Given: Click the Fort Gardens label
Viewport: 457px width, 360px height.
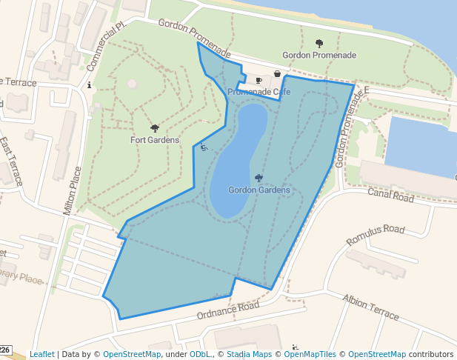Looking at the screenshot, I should point(155,140).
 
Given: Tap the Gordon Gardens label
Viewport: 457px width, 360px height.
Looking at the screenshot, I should point(258,190).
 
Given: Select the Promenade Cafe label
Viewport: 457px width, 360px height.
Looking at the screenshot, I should point(258,92).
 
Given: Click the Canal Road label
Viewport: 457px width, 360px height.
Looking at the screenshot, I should point(390,196).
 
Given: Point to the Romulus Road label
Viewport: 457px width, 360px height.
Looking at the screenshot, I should point(376,235).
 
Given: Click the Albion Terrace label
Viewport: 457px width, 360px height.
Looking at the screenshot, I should point(370,306).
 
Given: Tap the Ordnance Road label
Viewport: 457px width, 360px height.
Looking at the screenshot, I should point(227,311).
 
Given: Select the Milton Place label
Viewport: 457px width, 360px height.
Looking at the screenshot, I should point(73,190).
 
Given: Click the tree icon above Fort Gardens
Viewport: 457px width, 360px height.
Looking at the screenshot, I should point(154,128).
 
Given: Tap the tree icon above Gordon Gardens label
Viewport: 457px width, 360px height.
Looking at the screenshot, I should point(258,178).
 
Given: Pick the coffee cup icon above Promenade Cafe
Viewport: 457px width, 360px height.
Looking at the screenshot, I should point(258,80).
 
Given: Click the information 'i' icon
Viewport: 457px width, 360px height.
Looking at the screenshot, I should point(90,85).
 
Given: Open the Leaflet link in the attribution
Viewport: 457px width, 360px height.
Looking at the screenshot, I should point(41,354).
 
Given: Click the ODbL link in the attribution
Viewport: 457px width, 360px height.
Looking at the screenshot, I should point(200,354).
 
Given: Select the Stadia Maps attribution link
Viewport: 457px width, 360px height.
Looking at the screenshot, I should point(249,354).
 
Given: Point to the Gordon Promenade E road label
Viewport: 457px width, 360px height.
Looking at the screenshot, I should point(352,126).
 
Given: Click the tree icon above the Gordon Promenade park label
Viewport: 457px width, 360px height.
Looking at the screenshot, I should point(319,43).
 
